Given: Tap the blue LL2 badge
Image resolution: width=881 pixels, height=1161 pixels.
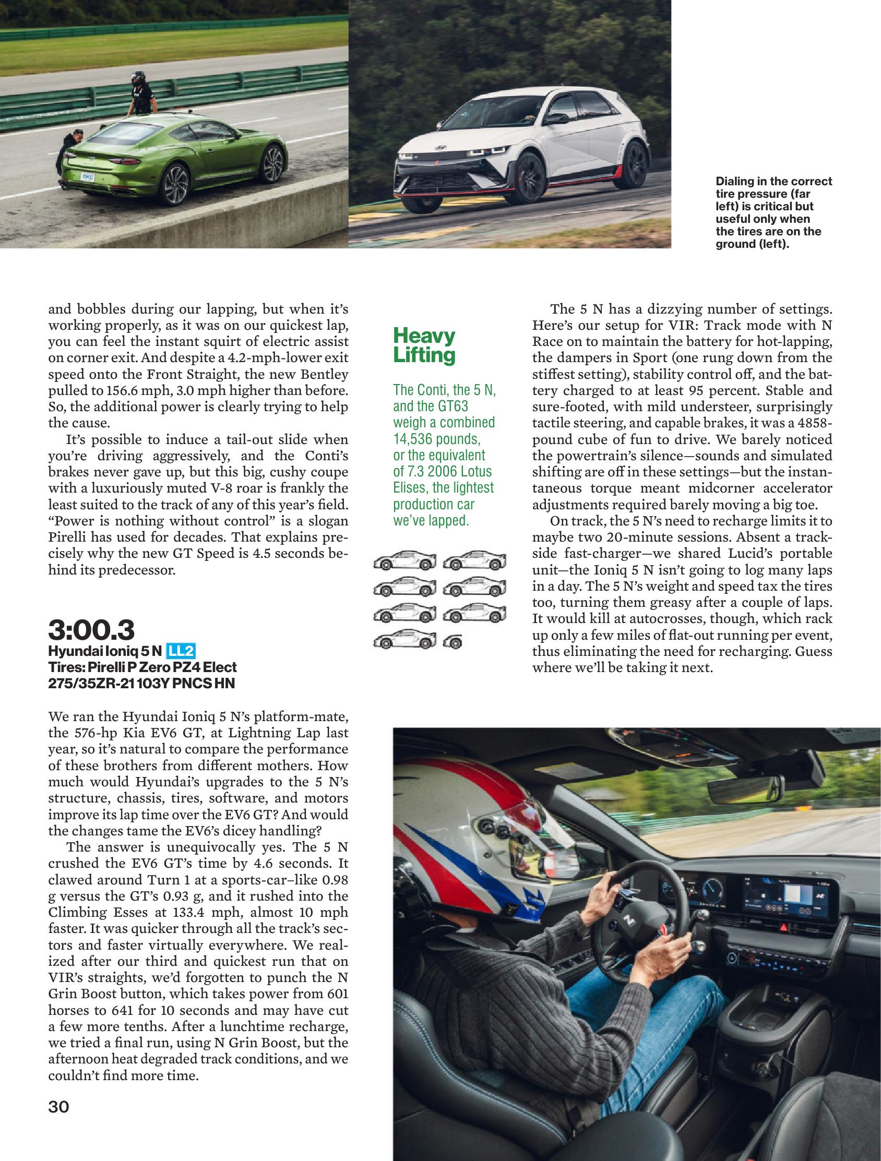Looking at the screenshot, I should [x=181, y=652].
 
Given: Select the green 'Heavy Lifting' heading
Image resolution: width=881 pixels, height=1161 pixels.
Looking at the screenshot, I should [x=424, y=345].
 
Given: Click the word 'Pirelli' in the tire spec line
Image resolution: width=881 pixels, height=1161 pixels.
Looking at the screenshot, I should [x=100, y=667].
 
